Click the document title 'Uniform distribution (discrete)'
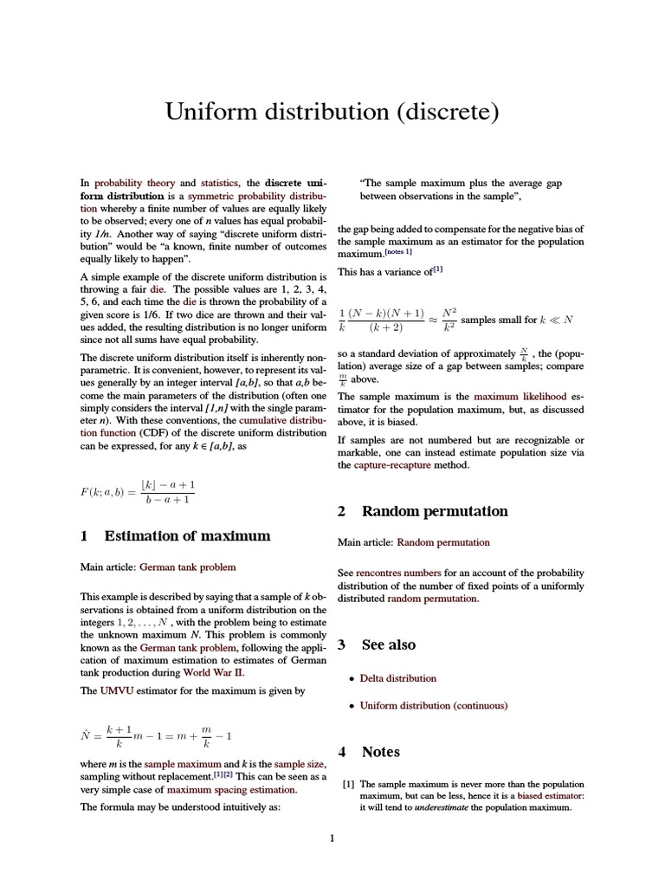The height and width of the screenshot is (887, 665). [332, 113]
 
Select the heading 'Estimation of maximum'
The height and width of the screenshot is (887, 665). [187, 536]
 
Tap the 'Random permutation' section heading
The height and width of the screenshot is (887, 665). [435, 511]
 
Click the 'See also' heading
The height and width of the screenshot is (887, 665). [388, 644]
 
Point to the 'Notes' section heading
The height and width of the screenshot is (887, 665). [380, 752]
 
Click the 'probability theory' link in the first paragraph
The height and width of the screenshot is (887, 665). [134, 184]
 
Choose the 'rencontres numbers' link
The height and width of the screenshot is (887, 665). [398, 573]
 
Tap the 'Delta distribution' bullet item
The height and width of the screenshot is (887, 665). [397, 678]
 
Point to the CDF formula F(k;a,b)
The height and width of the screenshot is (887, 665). [138, 492]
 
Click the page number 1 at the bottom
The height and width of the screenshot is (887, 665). [332, 838]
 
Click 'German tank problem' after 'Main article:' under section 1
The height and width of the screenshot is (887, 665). [187, 567]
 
